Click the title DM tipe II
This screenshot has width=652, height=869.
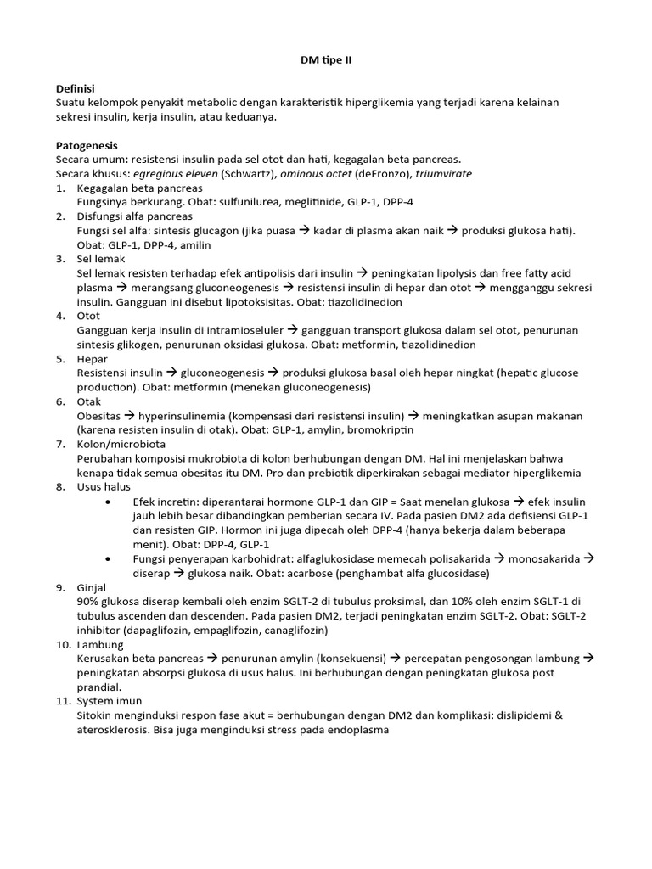click(326, 61)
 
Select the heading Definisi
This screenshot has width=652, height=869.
click(75, 88)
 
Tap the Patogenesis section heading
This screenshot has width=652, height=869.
click(87, 145)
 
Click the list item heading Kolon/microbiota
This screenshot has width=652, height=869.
click(121, 444)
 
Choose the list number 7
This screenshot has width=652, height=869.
click(60, 444)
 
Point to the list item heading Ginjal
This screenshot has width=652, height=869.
click(93, 587)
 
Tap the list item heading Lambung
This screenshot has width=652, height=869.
click(99, 645)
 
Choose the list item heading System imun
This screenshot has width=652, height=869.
click(110, 702)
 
